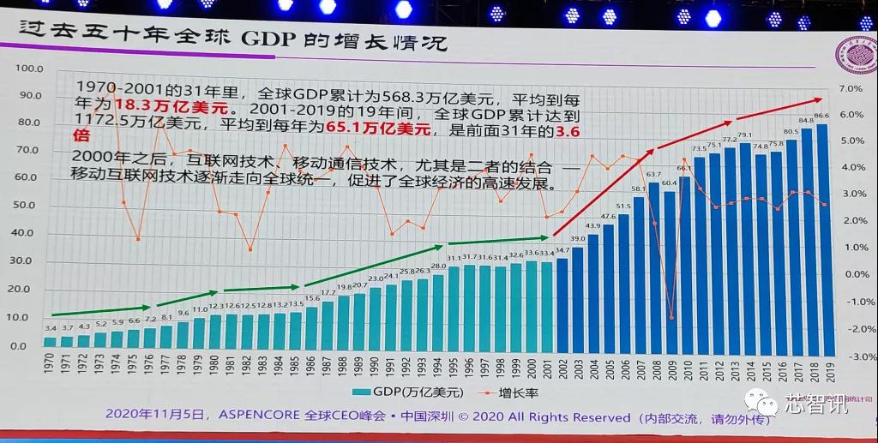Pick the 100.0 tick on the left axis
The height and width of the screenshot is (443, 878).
click(30, 68)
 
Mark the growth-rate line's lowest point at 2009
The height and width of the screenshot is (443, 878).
click(671, 317)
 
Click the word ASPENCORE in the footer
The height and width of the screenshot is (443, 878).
click(257, 416)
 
